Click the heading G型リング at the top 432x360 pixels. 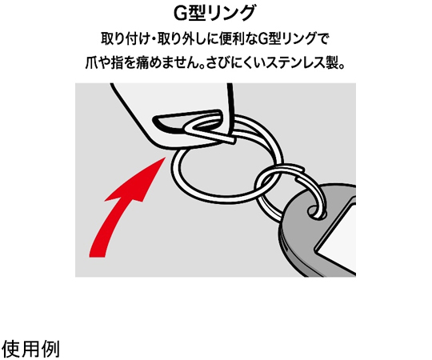[x=214, y=13]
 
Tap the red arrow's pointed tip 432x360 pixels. [x=166, y=158]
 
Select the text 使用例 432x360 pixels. [x=31, y=349]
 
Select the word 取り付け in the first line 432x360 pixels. [x=125, y=38]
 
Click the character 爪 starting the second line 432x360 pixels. [x=92, y=63]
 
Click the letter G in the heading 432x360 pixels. [x=181, y=14]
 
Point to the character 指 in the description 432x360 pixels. [x=117, y=63]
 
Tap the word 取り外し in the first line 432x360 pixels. [x=182, y=38]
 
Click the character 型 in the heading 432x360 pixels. [x=197, y=13]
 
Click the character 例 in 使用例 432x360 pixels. [x=50, y=349]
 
